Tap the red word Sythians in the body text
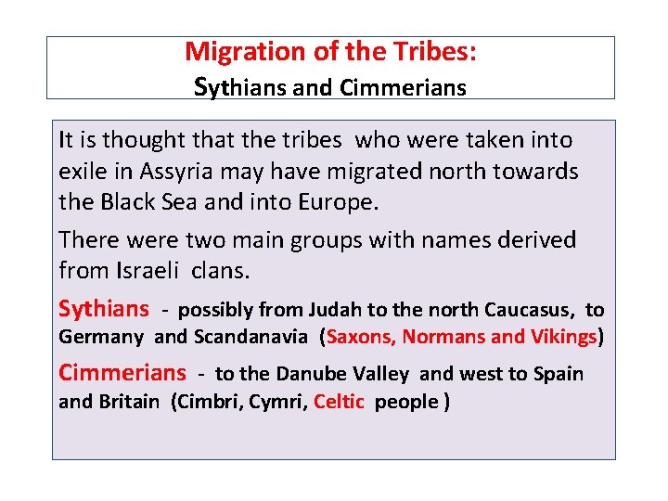(x=103, y=308)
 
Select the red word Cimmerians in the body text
(x=122, y=373)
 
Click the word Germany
(x=101, y=337)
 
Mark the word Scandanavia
(x=250, y=337)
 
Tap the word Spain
(x=559, y=374)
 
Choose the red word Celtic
(x=340, y=402)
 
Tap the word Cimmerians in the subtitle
(x=403, y=88)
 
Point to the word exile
(x=83, y=172)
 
